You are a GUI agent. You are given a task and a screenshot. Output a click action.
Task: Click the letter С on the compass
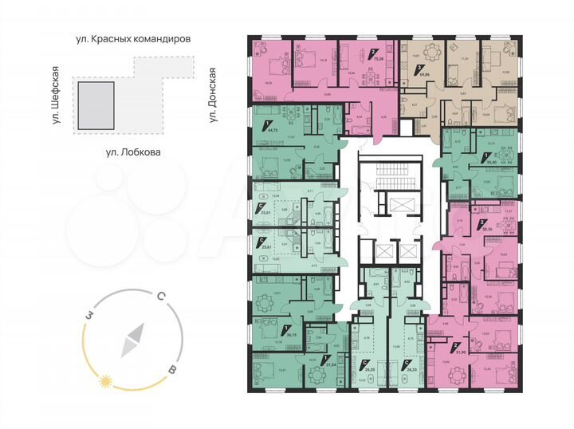[160, 297]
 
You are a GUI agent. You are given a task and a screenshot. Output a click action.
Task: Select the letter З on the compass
[92, 316]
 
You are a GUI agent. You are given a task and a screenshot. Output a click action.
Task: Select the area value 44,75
[273, 128]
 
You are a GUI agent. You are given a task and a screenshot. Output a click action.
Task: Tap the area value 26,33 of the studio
[411, 369]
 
